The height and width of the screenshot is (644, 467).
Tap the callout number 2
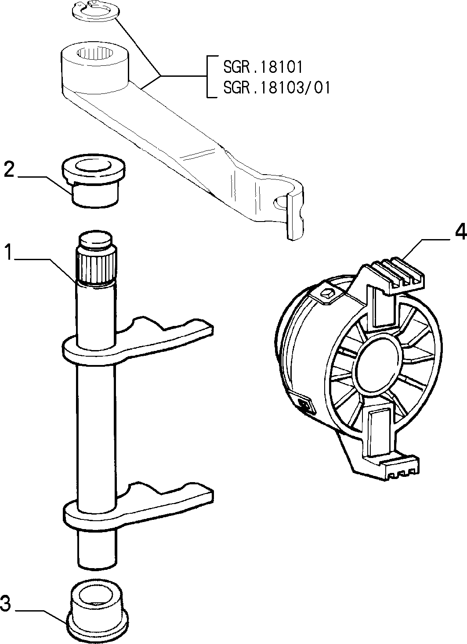[x=9, y=170]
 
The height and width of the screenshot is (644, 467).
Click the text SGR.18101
[x=263, y=67]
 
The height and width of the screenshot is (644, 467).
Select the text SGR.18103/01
[x=277, y=87]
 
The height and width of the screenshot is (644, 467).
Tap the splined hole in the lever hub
[x=94, y=54]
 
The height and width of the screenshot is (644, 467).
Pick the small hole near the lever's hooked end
[x=280, y=203]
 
